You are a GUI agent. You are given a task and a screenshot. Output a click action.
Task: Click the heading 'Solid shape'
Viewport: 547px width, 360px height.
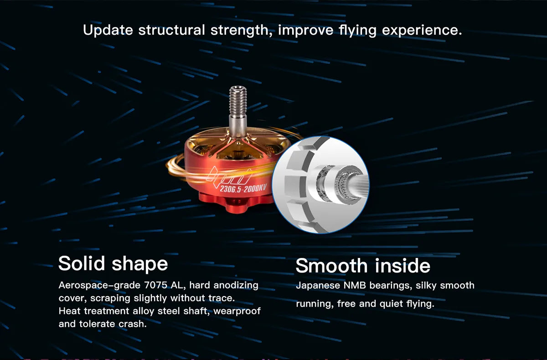pyautogui.click(x=113, y=264)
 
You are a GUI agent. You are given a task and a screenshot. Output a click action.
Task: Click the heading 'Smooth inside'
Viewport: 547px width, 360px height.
pyautogui.click(x=362, y=266)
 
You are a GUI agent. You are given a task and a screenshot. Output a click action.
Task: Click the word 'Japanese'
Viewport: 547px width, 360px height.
pyautogui.click(x=317, y=286)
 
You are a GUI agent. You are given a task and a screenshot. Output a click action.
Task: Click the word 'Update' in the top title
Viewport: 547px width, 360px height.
pyautogui.click(x=108, y=31)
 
